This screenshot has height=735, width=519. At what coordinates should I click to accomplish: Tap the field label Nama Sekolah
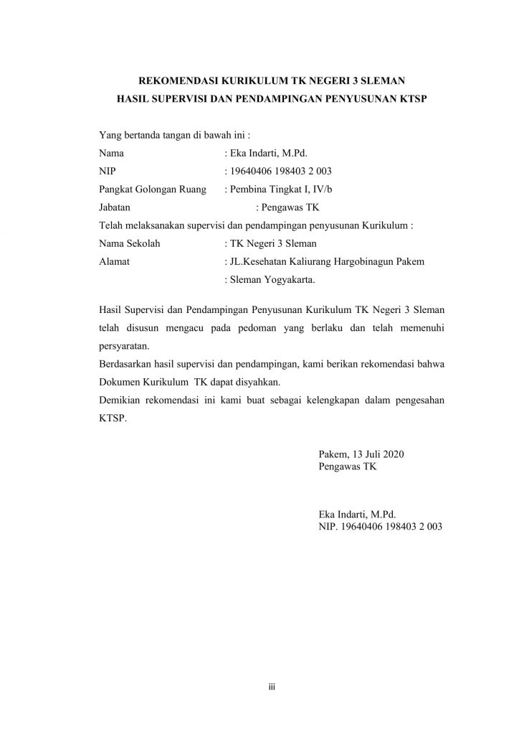click(130, 243)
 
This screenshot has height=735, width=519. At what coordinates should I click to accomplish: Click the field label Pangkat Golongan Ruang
click(153, 189)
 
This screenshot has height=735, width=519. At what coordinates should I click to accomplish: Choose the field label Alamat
click(114, 262)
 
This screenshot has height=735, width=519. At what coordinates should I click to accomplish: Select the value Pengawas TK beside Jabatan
click(291, 208)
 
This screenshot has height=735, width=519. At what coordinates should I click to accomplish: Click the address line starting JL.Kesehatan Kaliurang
click(324, 262)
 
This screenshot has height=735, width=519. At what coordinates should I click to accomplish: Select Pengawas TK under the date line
click(348, 467)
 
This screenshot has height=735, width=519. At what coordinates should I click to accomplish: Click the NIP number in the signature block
click(381, 526)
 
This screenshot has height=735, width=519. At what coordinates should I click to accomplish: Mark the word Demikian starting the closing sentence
click(120, 401)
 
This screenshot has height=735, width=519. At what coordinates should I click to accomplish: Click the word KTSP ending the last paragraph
click(112, 418)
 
